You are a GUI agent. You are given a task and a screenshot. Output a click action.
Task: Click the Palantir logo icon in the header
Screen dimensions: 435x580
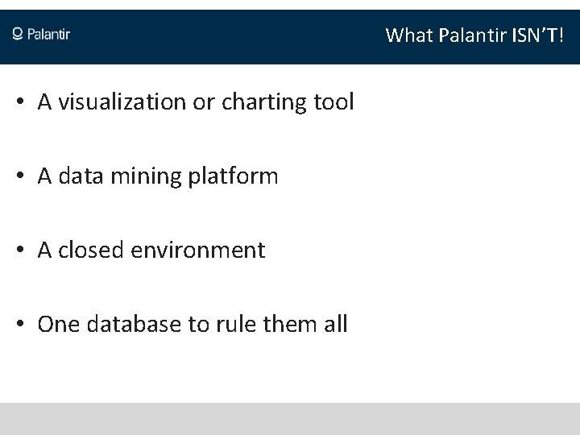[18, 34]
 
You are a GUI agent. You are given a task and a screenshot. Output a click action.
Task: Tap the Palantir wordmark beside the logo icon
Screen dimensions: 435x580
[49, 34]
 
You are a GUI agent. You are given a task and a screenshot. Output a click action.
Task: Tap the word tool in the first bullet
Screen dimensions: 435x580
[333, 102]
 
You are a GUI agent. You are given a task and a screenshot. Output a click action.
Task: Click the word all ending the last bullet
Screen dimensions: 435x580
[333, 325]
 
